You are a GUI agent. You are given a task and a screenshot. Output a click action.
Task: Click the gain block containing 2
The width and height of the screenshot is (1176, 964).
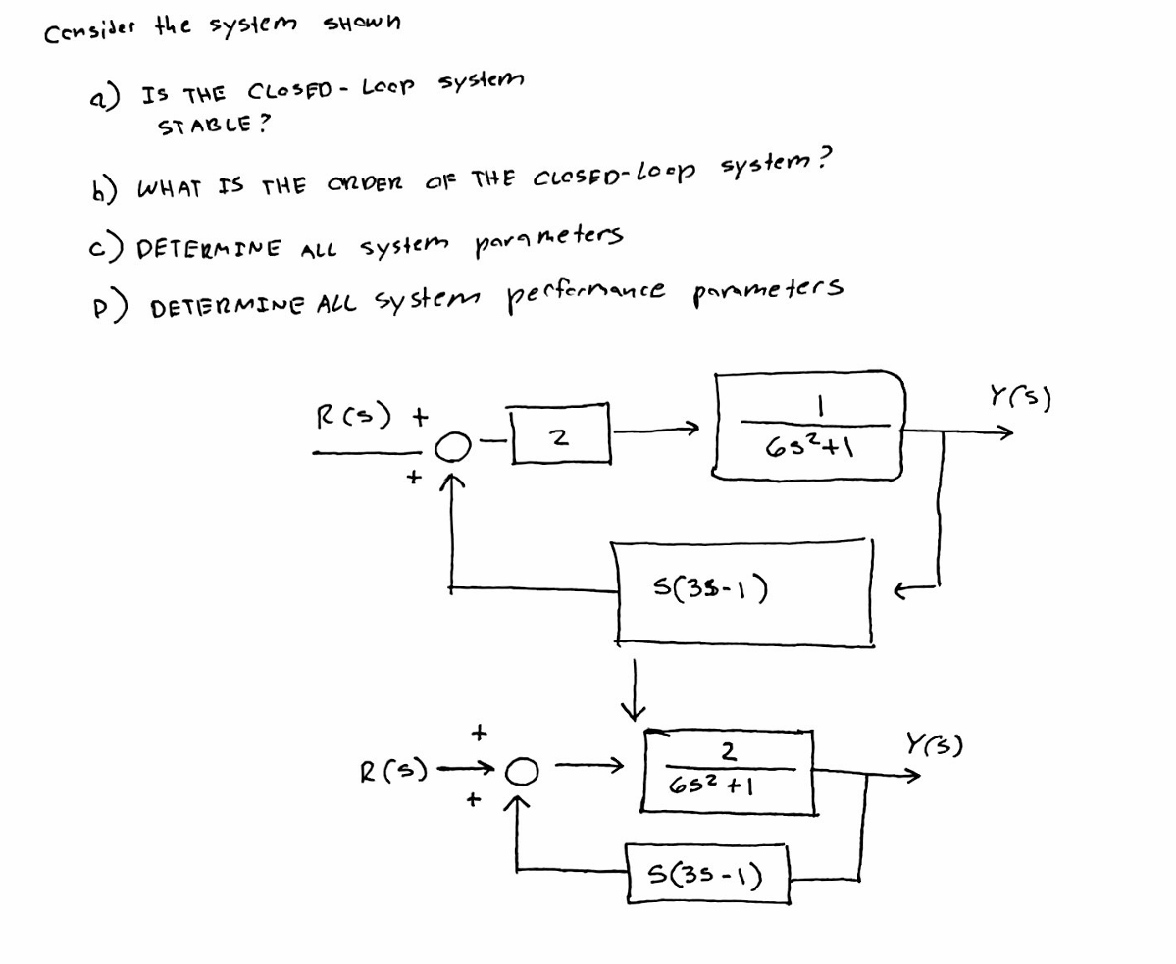561,434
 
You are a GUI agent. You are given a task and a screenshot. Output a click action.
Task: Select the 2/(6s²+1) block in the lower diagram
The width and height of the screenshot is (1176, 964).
729,771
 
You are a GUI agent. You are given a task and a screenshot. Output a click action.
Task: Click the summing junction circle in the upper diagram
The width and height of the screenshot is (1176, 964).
449,448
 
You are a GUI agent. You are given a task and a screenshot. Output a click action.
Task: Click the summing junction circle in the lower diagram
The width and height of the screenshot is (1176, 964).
521,774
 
